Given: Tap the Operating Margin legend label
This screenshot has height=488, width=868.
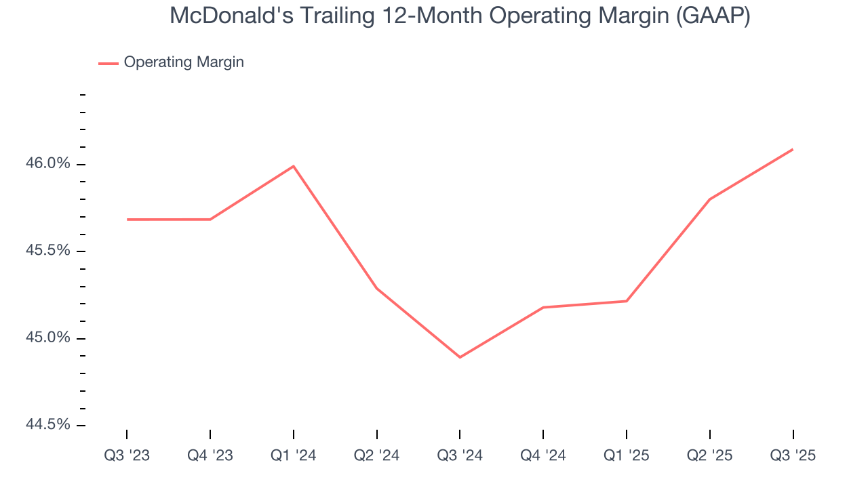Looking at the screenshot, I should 184,62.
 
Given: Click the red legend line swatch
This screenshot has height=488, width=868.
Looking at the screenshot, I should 108,63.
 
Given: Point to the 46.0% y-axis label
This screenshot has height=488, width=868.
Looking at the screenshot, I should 47,163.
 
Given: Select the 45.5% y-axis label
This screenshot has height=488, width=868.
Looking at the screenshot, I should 47,250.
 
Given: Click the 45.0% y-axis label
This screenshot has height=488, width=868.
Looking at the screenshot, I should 47,338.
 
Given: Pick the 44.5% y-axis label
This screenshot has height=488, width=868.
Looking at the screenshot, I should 47,424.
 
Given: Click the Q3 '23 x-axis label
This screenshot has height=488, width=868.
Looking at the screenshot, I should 127,455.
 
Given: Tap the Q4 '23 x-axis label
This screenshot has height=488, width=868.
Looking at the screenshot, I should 210,455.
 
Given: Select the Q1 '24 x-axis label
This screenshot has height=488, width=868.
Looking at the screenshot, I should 294,455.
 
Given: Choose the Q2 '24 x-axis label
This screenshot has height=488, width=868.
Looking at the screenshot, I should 377,455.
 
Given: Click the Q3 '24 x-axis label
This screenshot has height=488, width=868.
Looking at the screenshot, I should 460,455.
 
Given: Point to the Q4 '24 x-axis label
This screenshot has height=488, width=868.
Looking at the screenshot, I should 543,455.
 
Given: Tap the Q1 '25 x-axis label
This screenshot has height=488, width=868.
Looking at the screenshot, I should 627,455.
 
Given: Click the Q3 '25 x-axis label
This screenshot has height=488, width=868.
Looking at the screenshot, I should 793,455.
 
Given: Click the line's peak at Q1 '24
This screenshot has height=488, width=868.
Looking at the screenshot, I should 294,166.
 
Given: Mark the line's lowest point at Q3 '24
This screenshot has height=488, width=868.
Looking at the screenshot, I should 460,357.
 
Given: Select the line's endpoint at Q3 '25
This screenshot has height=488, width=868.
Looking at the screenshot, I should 793,149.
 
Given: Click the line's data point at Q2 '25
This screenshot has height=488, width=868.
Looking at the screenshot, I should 709,199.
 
